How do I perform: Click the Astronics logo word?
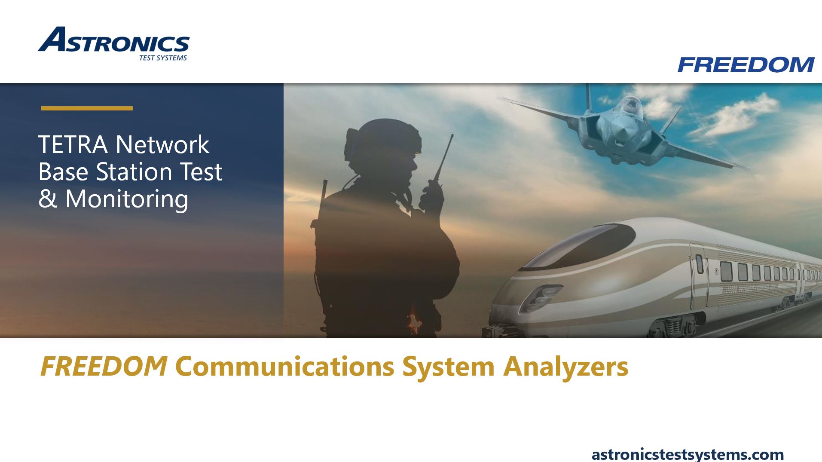pyautogui.click(x=114, y=41)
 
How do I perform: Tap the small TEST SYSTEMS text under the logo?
pyautogui.click(x=163, y=58)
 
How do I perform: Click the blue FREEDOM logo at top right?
pyautogui.click(x=746, y=65)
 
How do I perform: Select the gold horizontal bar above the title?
pyautogui.click(x=87, y=108)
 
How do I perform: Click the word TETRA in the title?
pyautogui.click(x=72, y=144)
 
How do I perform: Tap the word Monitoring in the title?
pyautogui.click(x=127, y=199)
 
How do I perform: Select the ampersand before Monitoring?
pyautogui.click(x=48, y=199)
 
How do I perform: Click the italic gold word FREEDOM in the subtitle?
pyautogui.click(x=104, y=367)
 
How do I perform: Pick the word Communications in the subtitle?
pyautogui.click(x=284, y=367)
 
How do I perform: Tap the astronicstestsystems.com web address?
pyautogui.click(x=688, y=454)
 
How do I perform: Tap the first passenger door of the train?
pyautogui.click(x=699, y=275)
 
